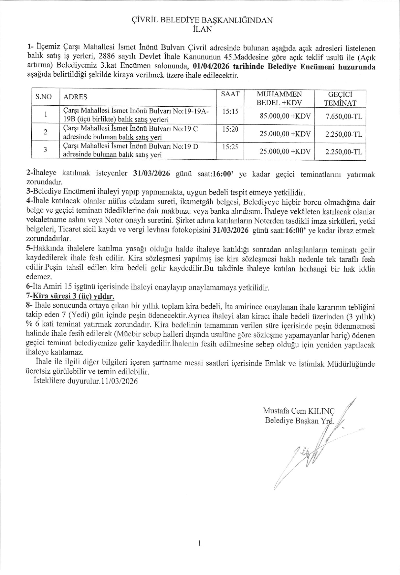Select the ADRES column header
[75, 97]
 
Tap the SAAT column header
[230, 94]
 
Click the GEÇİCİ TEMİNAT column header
[340, 99]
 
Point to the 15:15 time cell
[230, 112]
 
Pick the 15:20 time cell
[230, 129]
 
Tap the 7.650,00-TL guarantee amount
[344, 116]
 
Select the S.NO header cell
[44, 97]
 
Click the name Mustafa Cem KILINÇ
[299, 411]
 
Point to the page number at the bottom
[200, 544]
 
